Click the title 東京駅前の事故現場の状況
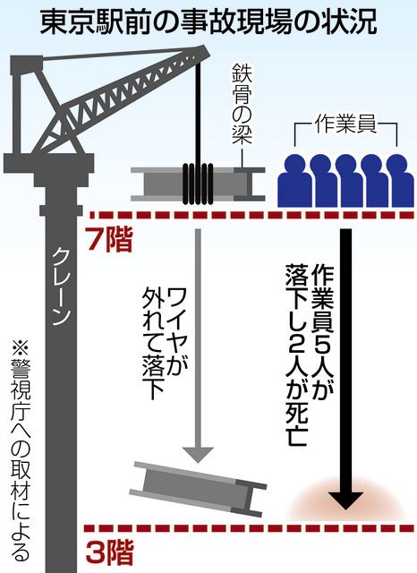pyautogui.click(x=208, y=22)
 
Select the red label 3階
pyautogui.click(x=109, y=552)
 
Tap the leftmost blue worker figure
pyautogui.click(x=295, y=181)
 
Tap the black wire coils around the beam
pyautogui.click(x=198, y=183)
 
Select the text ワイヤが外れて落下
pyautogui.click(x=165, y=344)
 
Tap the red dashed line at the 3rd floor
pyautogui.click(x=250, y=527)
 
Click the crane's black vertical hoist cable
pyautogui.click(x=199, y=114)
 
